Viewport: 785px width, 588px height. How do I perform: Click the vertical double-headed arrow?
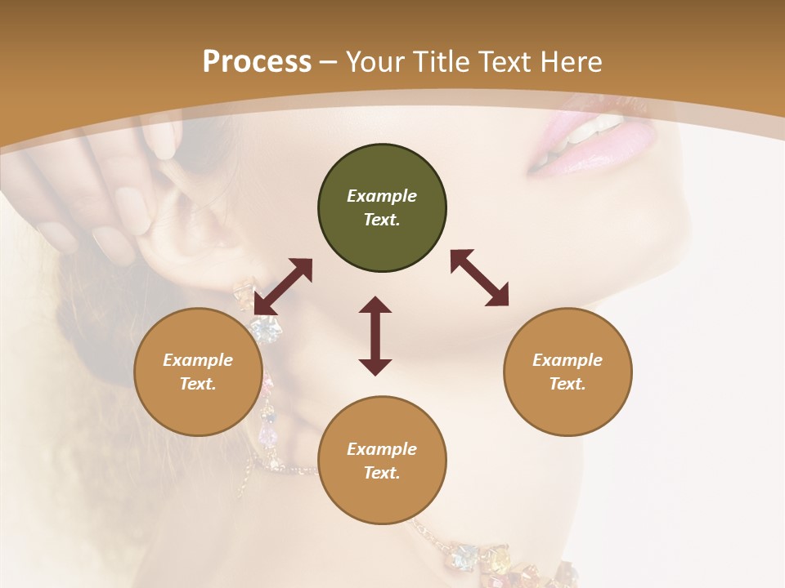tap(375, 336)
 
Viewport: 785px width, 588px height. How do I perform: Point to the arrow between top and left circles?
tap(283, 286)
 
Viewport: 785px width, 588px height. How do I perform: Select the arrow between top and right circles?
tap(479, 278)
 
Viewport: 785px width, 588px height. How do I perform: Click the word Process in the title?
tap(257, 61)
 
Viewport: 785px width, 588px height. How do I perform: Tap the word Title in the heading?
tap(441, 61)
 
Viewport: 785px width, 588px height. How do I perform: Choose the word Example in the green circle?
tap(382, 196)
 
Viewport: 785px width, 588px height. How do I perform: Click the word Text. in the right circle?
tap(567, 384)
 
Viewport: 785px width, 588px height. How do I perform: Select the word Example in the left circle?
tap(198, 360)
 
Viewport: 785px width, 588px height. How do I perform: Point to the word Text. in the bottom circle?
tap(382, 473)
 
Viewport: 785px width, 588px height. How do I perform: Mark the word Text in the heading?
tap(504, 61)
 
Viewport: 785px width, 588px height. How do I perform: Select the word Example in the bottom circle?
tap(382, 449)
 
